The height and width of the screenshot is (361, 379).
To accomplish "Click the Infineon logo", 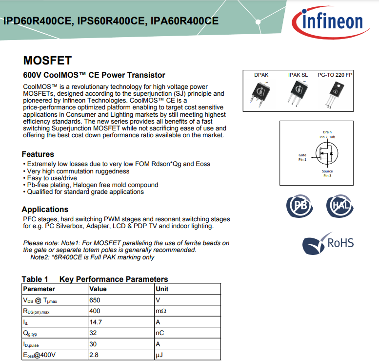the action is (x=330, y=23).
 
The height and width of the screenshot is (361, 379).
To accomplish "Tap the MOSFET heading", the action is (x=47, y=61).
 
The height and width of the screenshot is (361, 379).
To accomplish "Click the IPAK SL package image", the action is (x=298, y=93).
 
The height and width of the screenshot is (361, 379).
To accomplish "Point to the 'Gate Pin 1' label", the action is (x=302, y=157).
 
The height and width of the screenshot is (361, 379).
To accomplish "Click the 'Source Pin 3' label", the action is (x=327, y=173).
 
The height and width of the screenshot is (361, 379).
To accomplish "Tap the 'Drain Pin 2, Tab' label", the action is (x=327, y=135).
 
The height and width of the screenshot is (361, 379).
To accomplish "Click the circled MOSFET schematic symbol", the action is (x=326, y=153).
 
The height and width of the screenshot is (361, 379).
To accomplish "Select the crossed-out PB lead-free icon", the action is (x=299, y=206).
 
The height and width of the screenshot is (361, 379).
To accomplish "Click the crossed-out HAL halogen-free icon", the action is (x=340, y=206).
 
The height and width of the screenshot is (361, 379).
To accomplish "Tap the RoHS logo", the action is (x=328, y=243).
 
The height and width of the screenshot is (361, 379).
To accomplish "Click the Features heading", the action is (x=38, y=154).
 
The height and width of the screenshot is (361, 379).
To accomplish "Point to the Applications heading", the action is (x=45, y=210).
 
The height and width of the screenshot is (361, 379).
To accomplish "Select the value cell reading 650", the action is (x=121, y=300).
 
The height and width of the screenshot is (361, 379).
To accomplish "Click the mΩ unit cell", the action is (x=188, y=311).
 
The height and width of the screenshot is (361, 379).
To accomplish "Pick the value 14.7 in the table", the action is (x=96, y=322).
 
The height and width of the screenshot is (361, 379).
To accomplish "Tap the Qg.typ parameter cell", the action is (x=55, y=333).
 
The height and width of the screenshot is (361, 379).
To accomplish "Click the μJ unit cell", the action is (x=188, y=355).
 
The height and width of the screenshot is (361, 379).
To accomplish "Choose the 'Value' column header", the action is (x=98, y=289).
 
